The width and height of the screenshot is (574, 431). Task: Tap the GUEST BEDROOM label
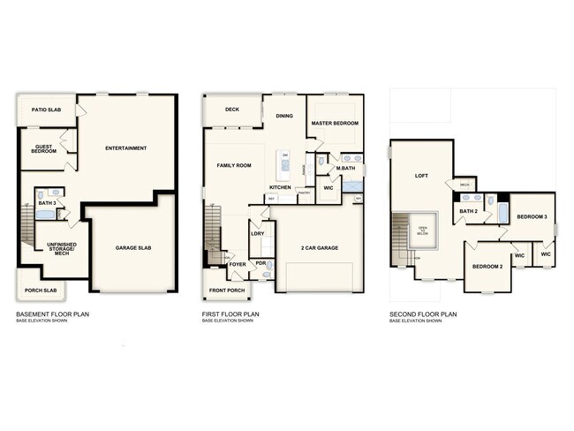44,149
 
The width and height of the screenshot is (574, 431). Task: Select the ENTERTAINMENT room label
125,147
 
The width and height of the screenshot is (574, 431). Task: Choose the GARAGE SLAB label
133,248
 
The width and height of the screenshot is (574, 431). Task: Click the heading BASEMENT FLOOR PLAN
52,314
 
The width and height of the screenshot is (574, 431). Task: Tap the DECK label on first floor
232,110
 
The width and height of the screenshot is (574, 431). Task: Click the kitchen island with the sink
285,163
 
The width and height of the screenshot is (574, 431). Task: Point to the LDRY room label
258,233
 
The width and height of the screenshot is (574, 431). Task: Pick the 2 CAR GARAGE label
319,248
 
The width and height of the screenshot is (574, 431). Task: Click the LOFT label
422,175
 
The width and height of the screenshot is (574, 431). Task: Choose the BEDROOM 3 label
532,216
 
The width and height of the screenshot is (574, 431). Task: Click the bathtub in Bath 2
502,213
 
